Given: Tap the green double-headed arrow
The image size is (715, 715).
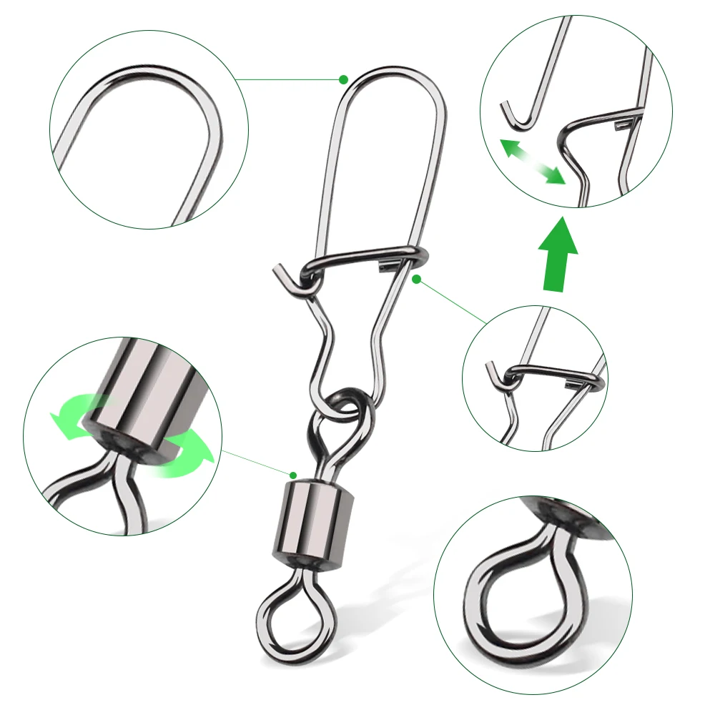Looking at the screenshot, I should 531,162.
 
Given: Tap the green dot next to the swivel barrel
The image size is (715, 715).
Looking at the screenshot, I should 293,474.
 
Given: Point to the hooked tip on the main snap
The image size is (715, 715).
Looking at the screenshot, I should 280,276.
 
